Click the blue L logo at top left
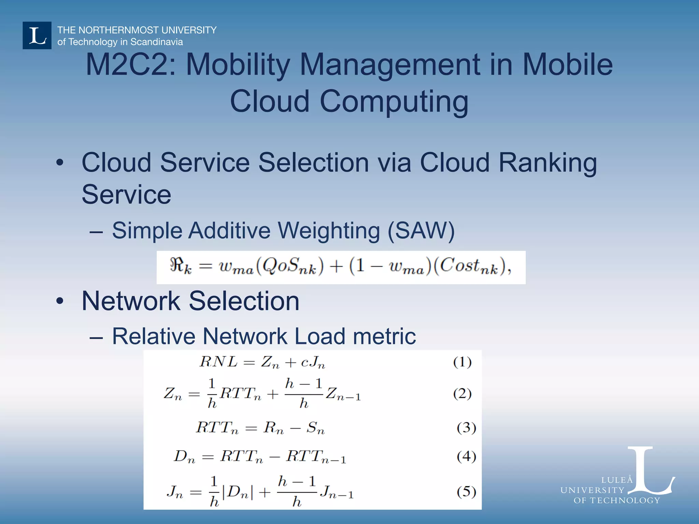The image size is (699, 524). coord(37,35)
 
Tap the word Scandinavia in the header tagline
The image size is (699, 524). coord(157,42)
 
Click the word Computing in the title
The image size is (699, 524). coord(394,101)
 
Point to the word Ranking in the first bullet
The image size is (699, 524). coord(547,163)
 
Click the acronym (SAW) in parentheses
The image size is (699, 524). coord(421,231)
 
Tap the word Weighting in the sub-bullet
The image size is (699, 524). coord(329,231)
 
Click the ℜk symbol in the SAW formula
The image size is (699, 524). coord(180,266)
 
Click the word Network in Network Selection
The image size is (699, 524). coord(131,301)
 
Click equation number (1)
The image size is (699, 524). coord(462,362)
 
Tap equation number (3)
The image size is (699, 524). coord(466,427)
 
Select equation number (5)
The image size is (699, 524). coord(466,492)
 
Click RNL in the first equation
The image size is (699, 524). coord(218,362)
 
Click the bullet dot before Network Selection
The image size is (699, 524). coord(60,301)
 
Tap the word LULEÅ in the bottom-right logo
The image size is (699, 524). coord(617,480)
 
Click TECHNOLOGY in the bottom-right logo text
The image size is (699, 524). coord(625,500)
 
